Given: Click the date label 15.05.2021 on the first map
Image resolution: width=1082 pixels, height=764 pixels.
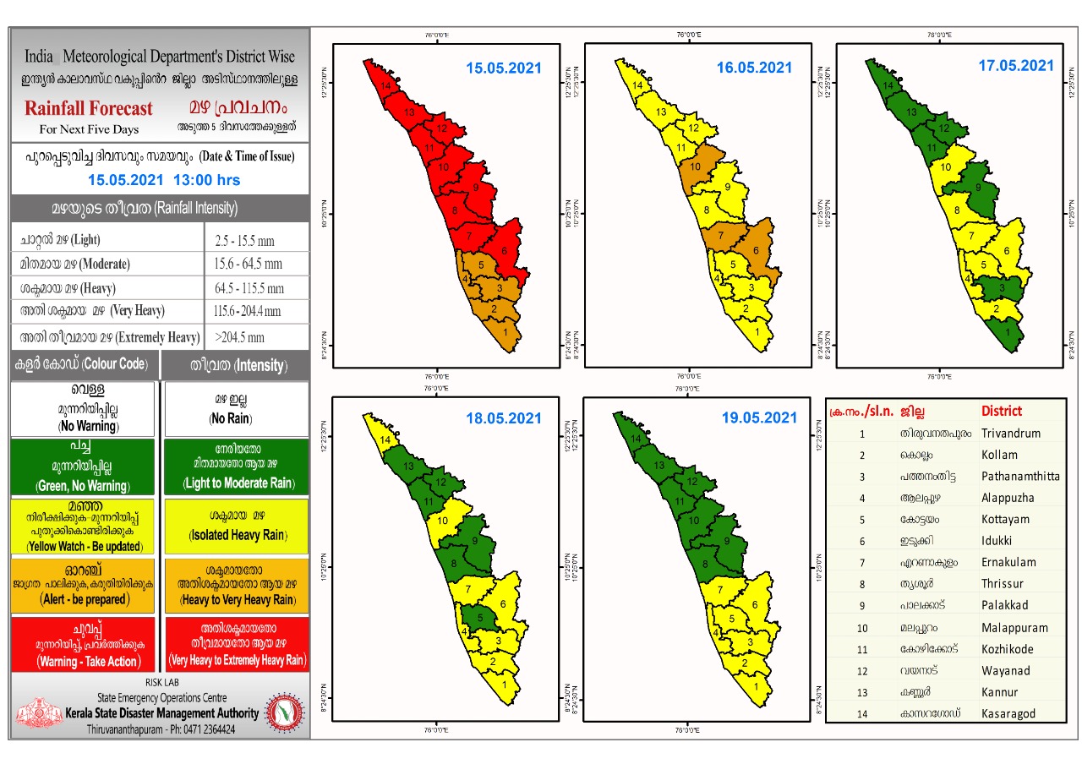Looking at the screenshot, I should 503,68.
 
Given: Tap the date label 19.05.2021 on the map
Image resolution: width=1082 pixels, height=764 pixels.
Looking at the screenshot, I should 759,417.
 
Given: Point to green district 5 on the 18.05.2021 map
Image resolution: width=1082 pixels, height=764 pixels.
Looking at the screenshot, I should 480,619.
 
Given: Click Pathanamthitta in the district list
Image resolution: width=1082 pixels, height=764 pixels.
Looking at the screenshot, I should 1019,476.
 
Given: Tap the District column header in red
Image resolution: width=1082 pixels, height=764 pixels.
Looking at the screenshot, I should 1002,412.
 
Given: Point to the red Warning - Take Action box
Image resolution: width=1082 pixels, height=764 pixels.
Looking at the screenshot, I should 83,644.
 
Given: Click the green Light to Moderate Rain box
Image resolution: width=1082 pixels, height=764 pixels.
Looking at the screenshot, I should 237,466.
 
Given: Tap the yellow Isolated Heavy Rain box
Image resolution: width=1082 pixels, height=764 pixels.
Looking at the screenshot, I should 237,525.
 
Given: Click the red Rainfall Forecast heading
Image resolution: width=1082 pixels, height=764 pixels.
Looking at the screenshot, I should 89,109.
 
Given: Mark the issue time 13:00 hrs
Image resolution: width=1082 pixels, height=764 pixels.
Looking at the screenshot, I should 206,180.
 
